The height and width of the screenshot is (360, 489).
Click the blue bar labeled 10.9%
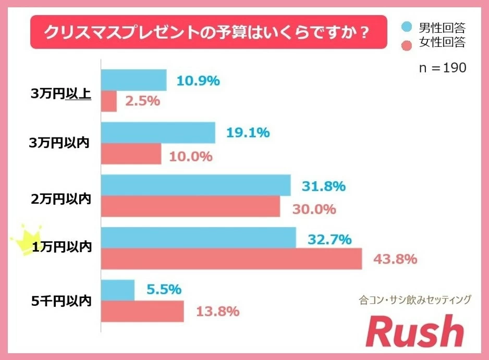point(133,80)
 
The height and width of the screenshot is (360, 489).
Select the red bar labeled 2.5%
point(108,101)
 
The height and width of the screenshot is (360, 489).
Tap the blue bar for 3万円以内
point(157,133)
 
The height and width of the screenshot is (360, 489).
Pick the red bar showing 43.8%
point(231,259)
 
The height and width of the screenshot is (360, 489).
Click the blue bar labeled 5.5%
point(117,290)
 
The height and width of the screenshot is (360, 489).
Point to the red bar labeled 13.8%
point(142,312)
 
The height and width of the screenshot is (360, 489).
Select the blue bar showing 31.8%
point(195,185)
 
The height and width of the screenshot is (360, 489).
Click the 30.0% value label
point(314,209)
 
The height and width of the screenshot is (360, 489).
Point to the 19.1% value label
point(248,133)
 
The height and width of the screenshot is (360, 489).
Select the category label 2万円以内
point(62,198)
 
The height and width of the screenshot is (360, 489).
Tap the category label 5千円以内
point(62,301)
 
